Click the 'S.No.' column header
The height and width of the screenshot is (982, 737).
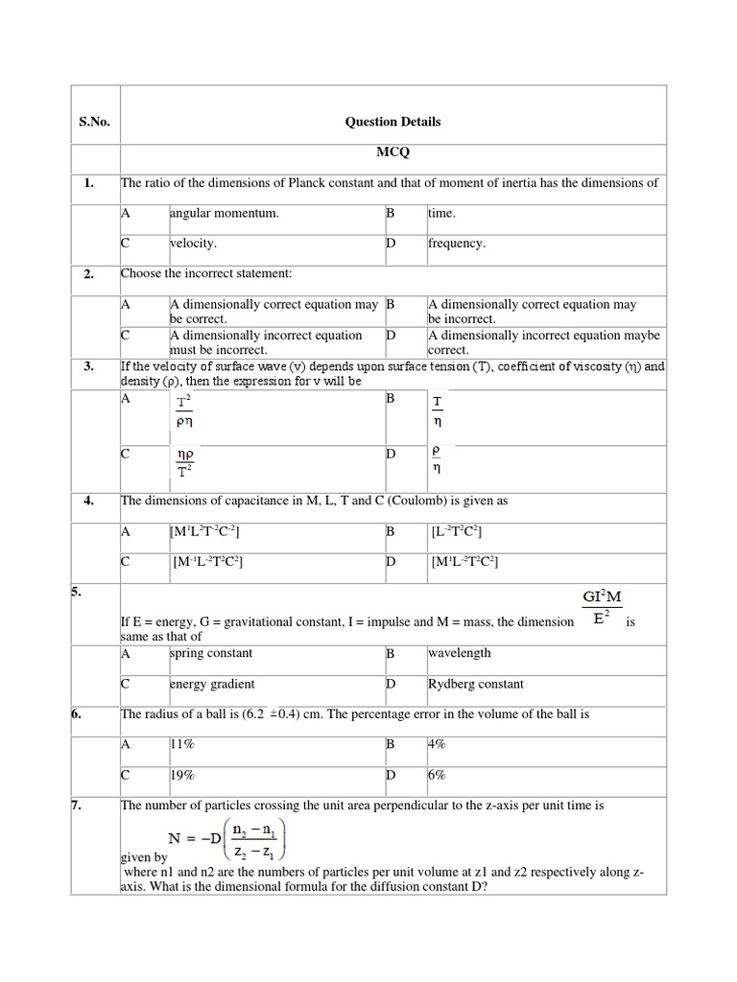(x=94, y=122)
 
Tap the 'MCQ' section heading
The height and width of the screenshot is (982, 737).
(x=392, y=152)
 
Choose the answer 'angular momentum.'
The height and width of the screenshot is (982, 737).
(x=225, y=213)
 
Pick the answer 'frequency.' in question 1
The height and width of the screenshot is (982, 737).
(x=457, y=244)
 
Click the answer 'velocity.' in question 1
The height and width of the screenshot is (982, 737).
(x=193, y=244)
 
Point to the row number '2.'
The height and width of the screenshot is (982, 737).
(x=88, y=274)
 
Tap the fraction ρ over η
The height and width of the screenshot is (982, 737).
(x=437, y=457)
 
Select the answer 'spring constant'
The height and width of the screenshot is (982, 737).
(x=211, y=653)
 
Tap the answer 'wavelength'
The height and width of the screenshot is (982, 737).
(x=459, y=653)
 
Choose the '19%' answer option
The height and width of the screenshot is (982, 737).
(x=182, y=776)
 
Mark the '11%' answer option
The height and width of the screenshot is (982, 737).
(x=182, y=744)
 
